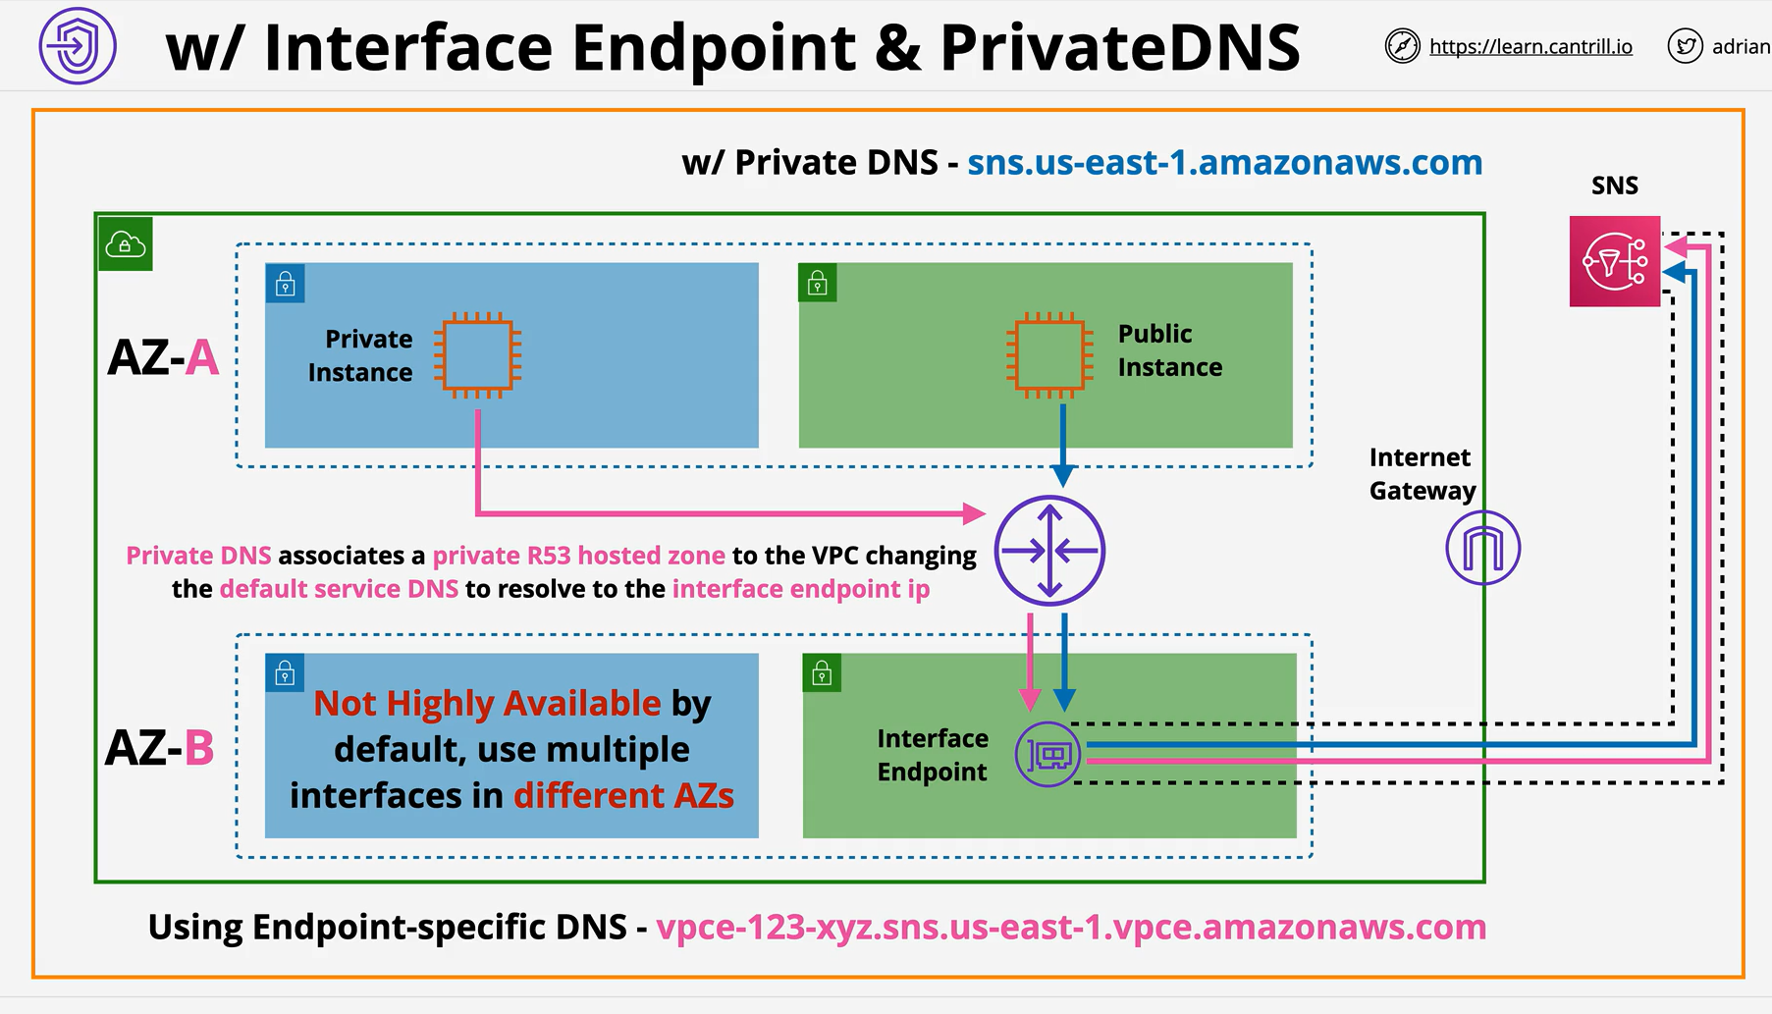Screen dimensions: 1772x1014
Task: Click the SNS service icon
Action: (x=1615, y=262)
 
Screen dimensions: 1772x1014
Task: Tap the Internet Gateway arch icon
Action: (x=1483, y=548)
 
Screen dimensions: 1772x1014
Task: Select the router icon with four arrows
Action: (x=1049, y=551)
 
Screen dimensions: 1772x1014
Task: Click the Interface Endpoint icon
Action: (x=1048, y=755)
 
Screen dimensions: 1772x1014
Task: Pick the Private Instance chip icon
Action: (x=478, y=354)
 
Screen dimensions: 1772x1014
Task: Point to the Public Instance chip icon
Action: (x=1049, y=354)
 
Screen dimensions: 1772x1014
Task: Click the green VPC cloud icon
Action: (x=126, y=243)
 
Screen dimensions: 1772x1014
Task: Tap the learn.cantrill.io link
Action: (x=1530, y=46)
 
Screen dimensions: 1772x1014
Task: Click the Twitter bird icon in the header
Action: (x=1685, y=46)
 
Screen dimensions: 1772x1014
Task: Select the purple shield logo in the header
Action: (x=78, y=46)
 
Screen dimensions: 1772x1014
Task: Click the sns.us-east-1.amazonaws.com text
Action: (x=1224, y=162)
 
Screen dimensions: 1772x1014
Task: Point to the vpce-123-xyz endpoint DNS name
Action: (x=1071, y=927)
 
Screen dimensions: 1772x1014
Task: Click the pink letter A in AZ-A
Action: (x=201, y=357)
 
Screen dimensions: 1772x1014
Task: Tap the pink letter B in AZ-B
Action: (x=199, y=748)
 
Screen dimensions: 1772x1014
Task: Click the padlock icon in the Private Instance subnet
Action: (x=286, y=284)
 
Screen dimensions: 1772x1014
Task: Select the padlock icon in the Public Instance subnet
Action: (x=818, y=284)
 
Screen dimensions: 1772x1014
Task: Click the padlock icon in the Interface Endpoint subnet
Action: (x=822, y=673)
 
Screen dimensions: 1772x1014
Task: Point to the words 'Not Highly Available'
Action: (x=487, y=704)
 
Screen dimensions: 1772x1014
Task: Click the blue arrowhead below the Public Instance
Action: (x=1062, y=476)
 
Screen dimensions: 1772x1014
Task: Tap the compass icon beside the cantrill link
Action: (x=1402, y=46)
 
